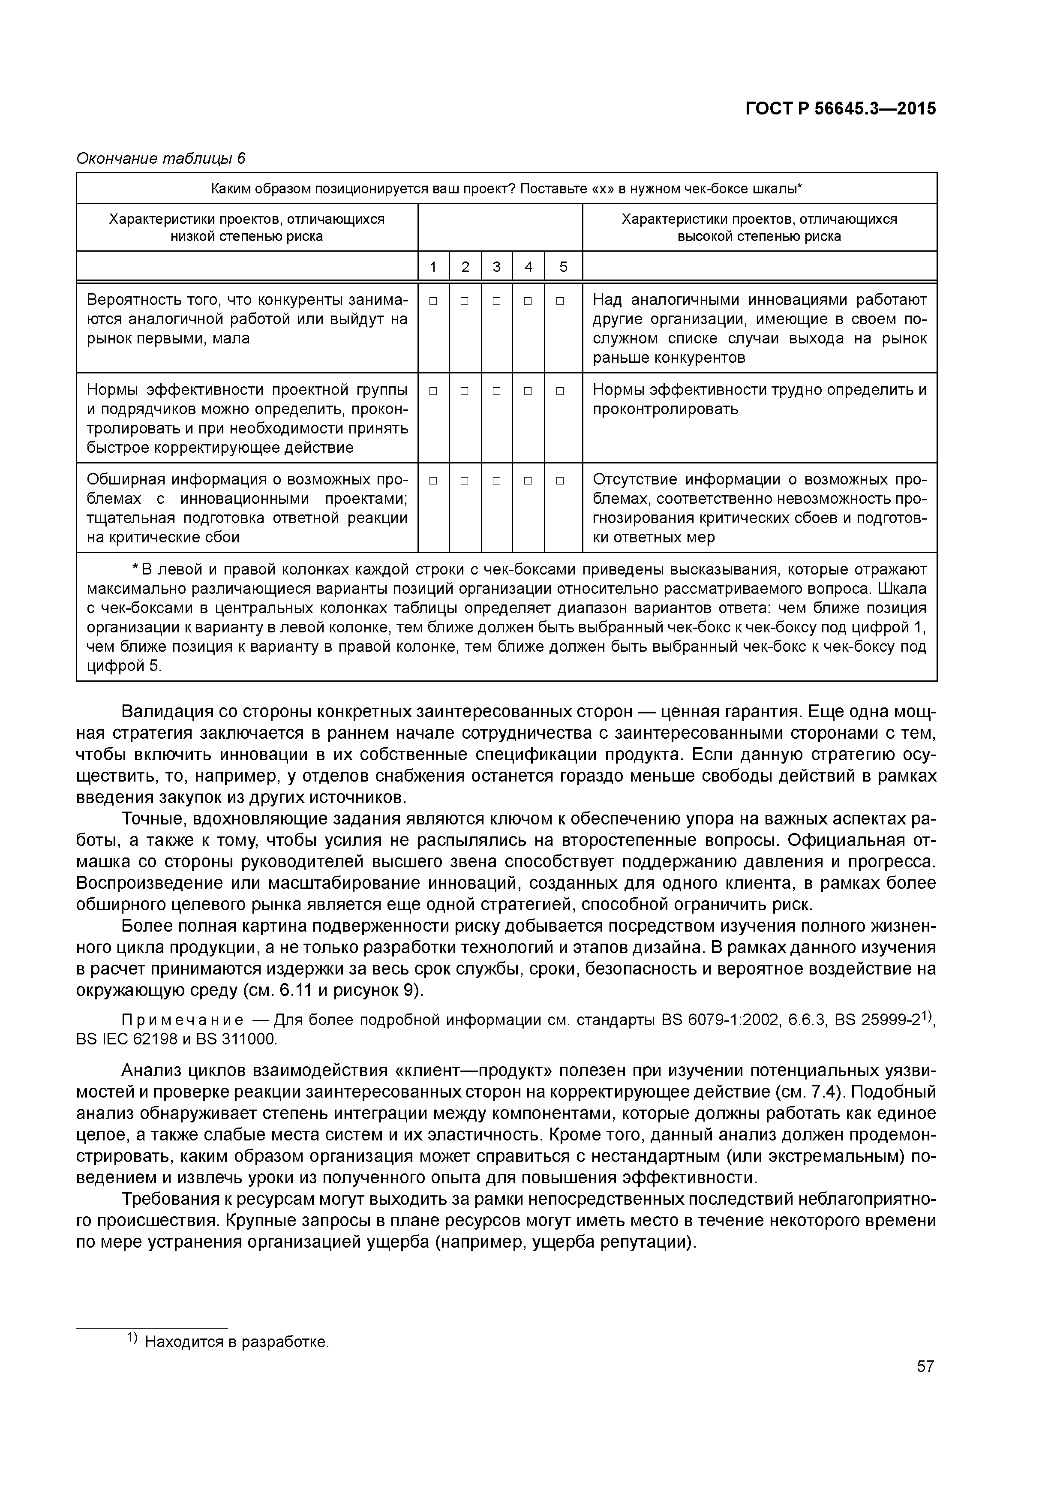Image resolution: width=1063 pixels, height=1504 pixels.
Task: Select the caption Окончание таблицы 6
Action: click(x=160, y=159)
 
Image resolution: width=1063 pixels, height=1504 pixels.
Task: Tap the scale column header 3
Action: click(x=496, y=267)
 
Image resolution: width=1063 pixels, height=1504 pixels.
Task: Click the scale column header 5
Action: click(x=563, y=267)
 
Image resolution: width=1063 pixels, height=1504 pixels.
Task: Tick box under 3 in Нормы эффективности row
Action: click(x=496, y=391)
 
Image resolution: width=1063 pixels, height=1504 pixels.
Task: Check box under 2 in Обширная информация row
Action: click(x=464, y=481)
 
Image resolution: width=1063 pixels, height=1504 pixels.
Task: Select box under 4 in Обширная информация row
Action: click(x=528, y=481)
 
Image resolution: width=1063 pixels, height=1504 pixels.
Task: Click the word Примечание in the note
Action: click(x=183, y=1020)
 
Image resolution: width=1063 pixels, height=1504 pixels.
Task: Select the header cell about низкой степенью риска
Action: click(x=247, y=227)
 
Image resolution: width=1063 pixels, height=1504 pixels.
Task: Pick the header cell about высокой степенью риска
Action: click(x=759, y=227)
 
